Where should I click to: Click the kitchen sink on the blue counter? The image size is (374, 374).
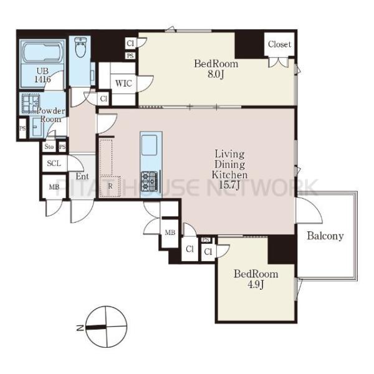pos(150,145)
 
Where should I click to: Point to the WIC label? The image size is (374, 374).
pos(123,84)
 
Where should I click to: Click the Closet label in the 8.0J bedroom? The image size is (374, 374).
pos(279,44)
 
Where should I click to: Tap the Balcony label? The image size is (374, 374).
pos(325,236)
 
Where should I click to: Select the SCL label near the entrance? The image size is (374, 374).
pos(54,163)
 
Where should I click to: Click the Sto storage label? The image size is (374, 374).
pos(49,146)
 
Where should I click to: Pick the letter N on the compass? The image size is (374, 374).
pos(80,328)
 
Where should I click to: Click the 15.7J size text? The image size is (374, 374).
pos(229,185)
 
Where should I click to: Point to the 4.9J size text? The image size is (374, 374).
pos(256,284)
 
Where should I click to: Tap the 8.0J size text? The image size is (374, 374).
pos(216,74)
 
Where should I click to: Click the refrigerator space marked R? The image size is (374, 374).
pos(110,186)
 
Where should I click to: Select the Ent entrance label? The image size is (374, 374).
pos(82,176)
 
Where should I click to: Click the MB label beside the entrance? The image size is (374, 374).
pos(54,187)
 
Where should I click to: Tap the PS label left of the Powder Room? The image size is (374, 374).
pos(22,128)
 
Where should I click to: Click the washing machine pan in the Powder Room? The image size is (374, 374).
pos(31,103)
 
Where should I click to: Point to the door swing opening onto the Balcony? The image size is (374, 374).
pos(309,211)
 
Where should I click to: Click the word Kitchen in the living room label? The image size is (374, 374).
pos(229,175)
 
